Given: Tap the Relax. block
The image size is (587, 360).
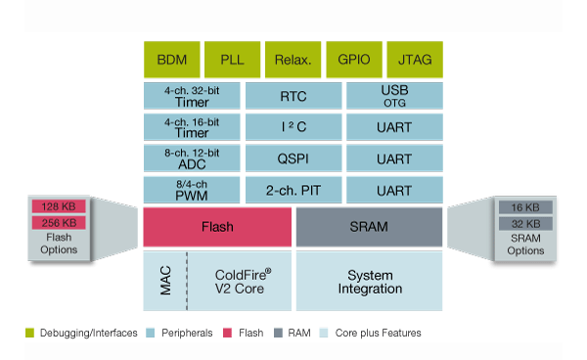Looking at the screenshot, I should click(x=293, y=60).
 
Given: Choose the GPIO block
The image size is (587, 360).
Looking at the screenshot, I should click(x=353, y=60).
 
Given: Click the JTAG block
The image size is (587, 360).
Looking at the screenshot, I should click(x=414, y=60).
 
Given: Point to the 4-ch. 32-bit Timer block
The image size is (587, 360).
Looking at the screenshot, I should click(x=192, y=96).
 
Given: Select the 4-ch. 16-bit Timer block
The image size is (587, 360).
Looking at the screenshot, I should click(x=192, y=127).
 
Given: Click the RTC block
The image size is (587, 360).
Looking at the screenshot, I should click(x=293, y=96).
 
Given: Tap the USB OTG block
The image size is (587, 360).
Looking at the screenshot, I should click(x=394, y=96).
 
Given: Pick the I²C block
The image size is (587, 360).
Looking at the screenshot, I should click(x=293, y=127).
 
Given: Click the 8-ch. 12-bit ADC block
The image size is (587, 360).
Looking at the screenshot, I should click(x=192, y=158).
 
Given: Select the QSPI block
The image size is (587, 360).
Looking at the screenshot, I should click(x=293, y=158).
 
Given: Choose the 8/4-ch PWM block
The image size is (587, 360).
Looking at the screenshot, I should click(x=192, y=190).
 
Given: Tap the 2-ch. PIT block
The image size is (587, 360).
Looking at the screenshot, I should click(x=293, y=190).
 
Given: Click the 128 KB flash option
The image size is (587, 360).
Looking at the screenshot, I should click(x=59, y=207).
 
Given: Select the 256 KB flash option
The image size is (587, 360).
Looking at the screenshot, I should click(x=59, y=223).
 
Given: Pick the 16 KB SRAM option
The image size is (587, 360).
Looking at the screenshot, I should click(x=525, y=207).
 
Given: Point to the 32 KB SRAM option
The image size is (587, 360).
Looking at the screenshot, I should click(x=525, y=223).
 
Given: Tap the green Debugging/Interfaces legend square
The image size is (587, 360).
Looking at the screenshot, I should click(x=29, y=334).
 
